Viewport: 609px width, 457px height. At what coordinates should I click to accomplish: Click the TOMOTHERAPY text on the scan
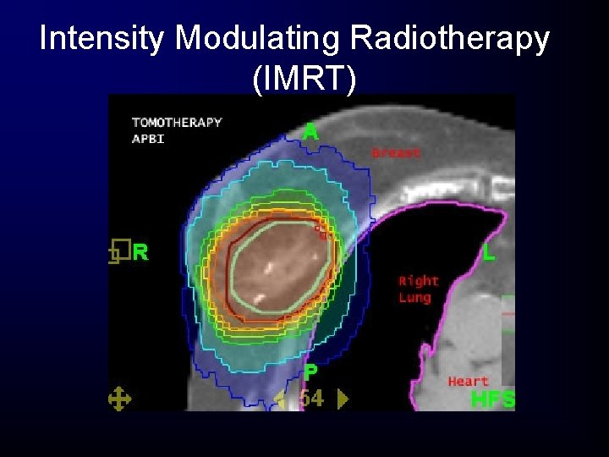tap(177, 122)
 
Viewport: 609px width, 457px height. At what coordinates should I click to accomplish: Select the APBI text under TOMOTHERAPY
tap(148, 138)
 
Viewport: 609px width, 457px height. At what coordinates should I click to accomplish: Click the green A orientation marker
tap(310, 132)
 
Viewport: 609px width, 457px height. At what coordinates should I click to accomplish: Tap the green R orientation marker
tap(140, 251)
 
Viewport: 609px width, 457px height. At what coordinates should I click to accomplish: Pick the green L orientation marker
tap(489, 252)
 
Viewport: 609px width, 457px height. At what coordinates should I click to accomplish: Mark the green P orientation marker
tap(310, 372)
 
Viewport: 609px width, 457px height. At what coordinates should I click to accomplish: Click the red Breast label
tap(396, 153)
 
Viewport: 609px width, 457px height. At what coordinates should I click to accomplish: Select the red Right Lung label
tap(419, 289)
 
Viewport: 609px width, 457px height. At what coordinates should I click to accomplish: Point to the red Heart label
tap(469, 382)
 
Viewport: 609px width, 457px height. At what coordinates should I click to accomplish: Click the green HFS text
tap(492, 399)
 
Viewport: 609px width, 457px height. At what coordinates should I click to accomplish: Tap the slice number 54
tap(311, 399)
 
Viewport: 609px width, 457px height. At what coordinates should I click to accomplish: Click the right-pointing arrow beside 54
tap(343, 399)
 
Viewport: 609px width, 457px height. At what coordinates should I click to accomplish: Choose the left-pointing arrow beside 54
tap(280, 399)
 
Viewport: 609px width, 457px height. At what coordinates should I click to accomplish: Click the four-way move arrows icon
tap(118, 399)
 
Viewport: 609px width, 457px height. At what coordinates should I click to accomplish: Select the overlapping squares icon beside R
tap(118, 251)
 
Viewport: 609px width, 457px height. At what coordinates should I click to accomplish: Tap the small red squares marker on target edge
tap(321, 232)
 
